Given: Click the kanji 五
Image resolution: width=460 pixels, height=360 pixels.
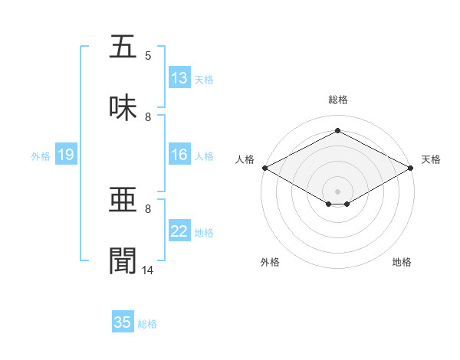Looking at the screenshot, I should (x=123, y=47).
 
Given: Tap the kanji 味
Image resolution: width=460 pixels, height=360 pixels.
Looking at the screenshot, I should (x=123, y=109).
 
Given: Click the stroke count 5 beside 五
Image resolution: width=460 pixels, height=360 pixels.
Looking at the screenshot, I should (x=148, y=56).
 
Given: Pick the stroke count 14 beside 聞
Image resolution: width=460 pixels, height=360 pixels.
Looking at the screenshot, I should (x=148, y=270).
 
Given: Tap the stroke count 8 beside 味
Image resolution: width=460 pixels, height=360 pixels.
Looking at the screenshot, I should (x=148, y=117).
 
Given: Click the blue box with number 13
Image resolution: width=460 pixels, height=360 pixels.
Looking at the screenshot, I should (x=179, y=78).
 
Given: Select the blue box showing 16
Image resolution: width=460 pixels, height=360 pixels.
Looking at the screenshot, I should (x=179, y=155).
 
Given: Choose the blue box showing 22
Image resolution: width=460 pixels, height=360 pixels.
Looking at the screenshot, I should (x=179, y=231).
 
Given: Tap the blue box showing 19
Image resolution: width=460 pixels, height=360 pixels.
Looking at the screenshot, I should (x=66, y=155).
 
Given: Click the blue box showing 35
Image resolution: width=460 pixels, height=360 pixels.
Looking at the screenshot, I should (x=123, y=322).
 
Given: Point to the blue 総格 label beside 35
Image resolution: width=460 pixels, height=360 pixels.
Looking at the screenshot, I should (x=147, y=324).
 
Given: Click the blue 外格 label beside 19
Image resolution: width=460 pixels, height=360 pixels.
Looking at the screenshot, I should (x=41, y=155).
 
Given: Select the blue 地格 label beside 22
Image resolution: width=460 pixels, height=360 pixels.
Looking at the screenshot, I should (x=204, y=232).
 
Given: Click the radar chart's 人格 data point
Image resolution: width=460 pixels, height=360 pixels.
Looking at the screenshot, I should (x=264, y=168).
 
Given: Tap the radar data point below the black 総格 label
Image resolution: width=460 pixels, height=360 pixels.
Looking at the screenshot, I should (x=337, y=131).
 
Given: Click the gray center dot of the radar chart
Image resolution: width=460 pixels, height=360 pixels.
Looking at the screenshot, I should (x=337, y=190).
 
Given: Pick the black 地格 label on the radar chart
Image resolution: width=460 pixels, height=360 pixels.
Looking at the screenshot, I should (x=402, y=263).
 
